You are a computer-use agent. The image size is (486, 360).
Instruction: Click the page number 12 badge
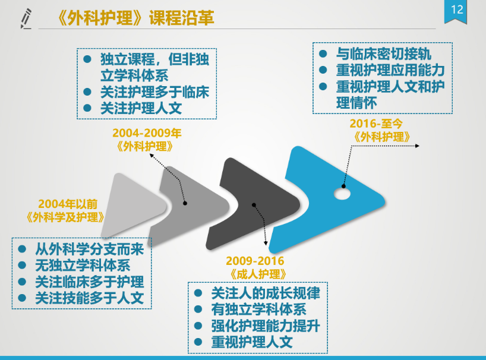pos(456,11)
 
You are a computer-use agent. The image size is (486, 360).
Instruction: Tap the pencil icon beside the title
pos(26,18)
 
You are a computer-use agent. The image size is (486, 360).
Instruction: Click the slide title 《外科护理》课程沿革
pos(135,18)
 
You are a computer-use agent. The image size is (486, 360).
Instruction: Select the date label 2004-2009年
pos(147,133)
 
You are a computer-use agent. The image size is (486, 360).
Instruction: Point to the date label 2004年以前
pos(68,204)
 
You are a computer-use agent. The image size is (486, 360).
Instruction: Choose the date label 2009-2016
pos(255,261)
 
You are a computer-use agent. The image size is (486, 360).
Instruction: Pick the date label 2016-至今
pos(376,124)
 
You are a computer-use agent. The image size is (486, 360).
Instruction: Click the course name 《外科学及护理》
pos(65,217)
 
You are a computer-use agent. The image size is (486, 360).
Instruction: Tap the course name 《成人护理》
pos(258,274)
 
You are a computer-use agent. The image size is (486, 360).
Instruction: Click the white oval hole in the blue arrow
pos(342,194)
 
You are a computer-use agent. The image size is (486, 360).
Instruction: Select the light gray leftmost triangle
pos(133,205)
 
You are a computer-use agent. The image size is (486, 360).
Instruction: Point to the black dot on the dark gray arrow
pos(254,205)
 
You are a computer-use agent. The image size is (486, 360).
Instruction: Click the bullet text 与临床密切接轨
pos(384,54)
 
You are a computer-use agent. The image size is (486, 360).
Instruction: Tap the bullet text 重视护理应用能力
pos(390,70)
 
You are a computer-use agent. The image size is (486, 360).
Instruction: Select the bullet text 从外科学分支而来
pos(90,249)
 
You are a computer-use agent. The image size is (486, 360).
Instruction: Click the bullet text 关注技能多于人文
pos(90,298)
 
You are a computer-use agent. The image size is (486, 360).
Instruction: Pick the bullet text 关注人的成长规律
pos(266,293)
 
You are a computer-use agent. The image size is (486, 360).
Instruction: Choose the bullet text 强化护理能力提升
pos(266,326)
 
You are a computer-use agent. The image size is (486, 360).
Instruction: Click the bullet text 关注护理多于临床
pos(154,92)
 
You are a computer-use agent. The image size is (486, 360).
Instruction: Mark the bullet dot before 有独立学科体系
pos(198,309)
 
